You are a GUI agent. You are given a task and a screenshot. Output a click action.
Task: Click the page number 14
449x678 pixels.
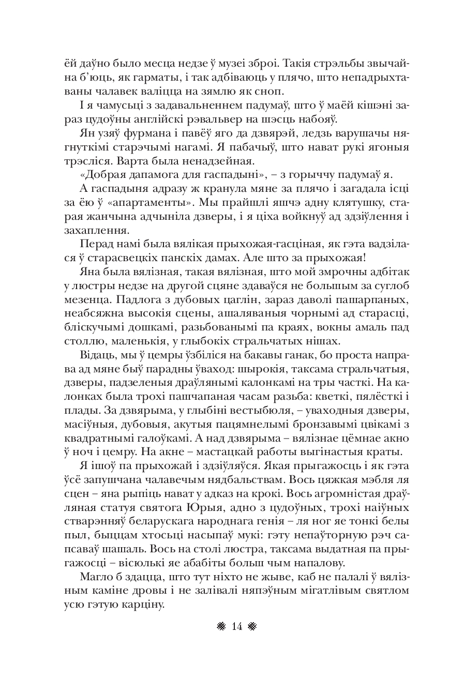(x=237, y=627)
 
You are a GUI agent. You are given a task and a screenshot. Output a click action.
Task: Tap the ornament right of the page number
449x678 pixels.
(x=253, y=627)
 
